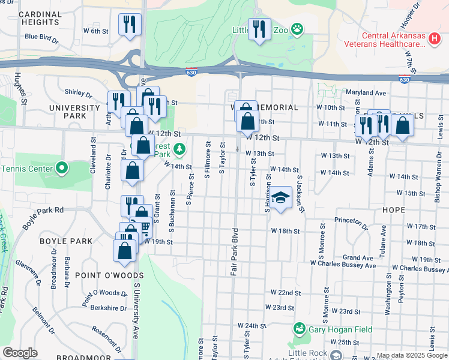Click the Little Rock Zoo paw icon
[297, 29]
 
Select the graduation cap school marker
[280, 197]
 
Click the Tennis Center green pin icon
[61, 167]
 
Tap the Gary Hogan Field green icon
[299, 329]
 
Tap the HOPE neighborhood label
[393, 210]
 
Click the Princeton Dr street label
[351, 223]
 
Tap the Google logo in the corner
[20, 353]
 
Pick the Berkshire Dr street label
[107, 308]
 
